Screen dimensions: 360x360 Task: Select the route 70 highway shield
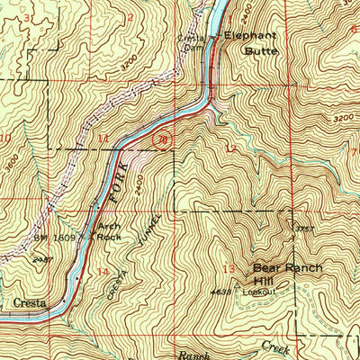click(x=161, y=140)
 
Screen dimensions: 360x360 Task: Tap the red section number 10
click(x=6, y=138)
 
